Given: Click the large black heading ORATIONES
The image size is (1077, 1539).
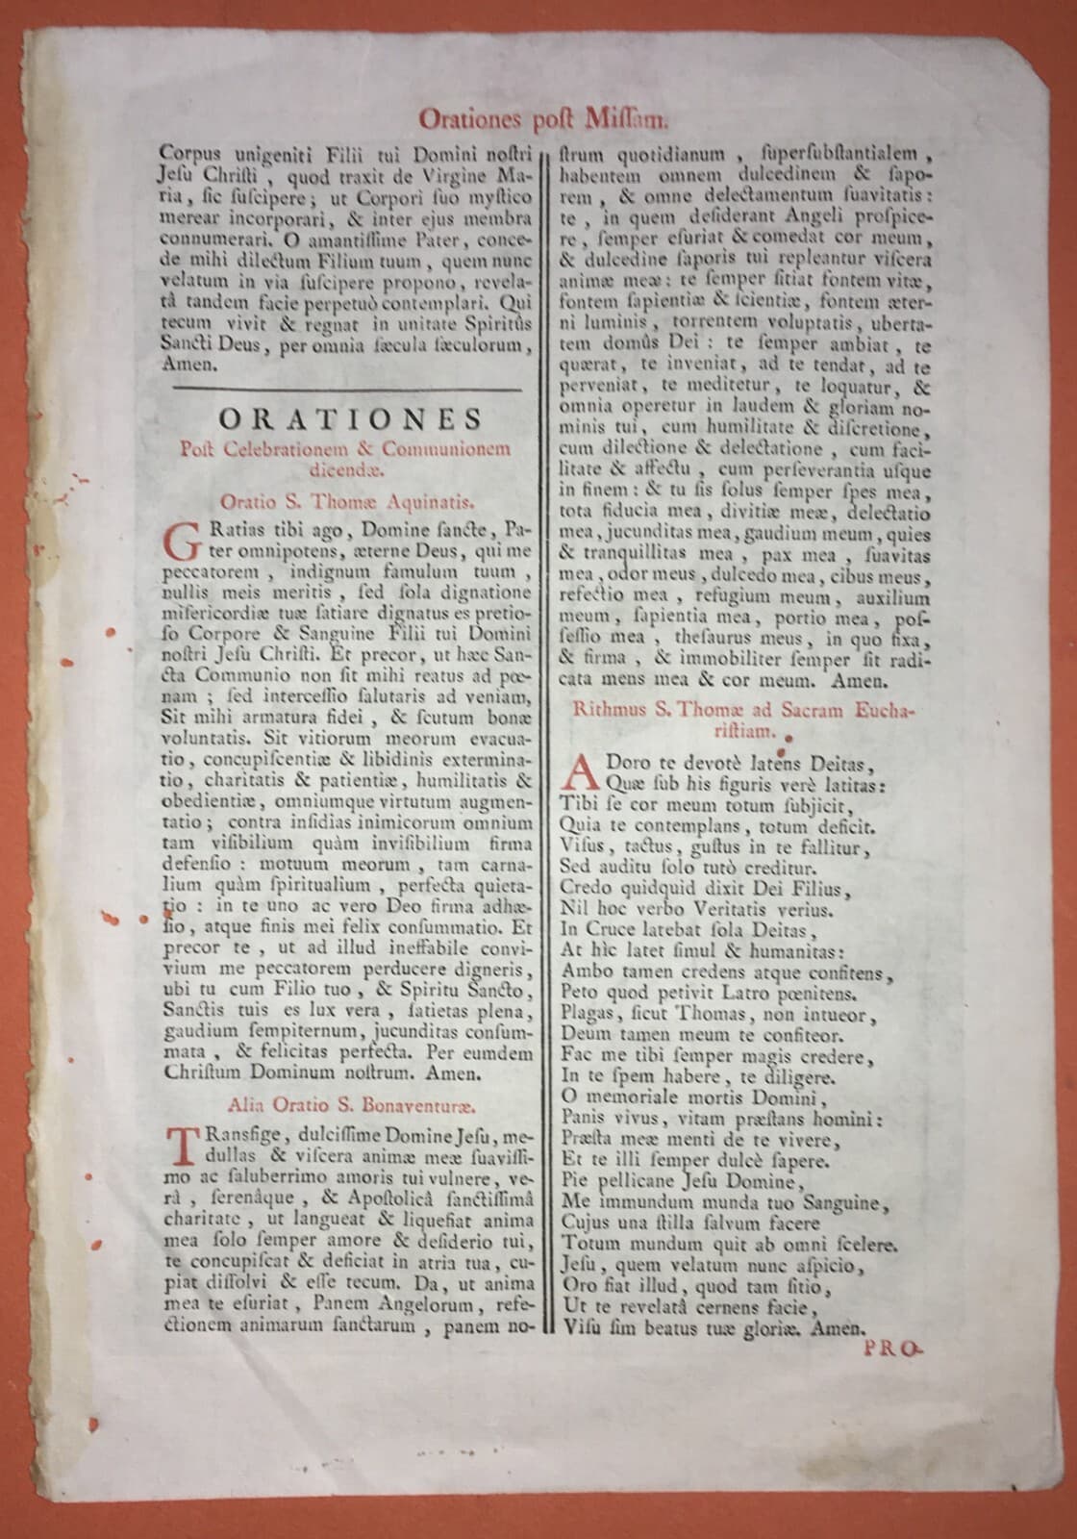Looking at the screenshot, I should [349, 420].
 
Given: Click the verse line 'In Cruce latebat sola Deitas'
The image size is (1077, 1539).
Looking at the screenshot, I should [688, 929].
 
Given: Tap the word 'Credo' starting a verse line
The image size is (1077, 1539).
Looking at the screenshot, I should [585, 886].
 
